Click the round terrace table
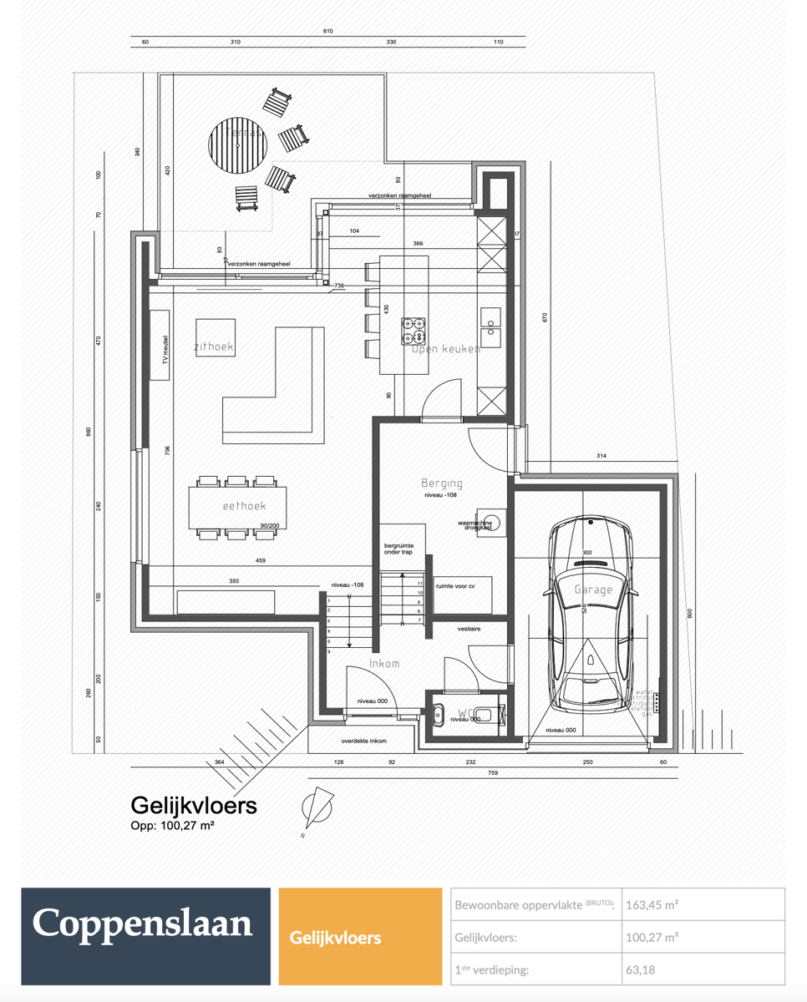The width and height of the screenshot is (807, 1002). [240, 145]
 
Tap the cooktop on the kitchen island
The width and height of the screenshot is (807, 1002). [414, 331]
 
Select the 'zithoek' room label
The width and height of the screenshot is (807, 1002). [214, 347]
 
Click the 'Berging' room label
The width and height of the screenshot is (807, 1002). [442, 483]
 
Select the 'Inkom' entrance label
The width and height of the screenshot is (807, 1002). [385, 664]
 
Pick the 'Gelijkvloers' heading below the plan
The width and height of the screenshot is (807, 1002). [194, 805]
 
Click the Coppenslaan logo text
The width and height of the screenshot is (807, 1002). [142, 924]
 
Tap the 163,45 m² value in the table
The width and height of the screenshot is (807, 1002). [652, 904]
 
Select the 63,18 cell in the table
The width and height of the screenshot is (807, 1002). [642, 970]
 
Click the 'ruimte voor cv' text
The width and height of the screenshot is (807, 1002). [455, 586]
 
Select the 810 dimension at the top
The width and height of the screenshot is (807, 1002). [328, 31]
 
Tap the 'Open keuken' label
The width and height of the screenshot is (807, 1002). [446, 349]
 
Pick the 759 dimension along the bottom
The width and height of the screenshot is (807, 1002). [493, 773]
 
